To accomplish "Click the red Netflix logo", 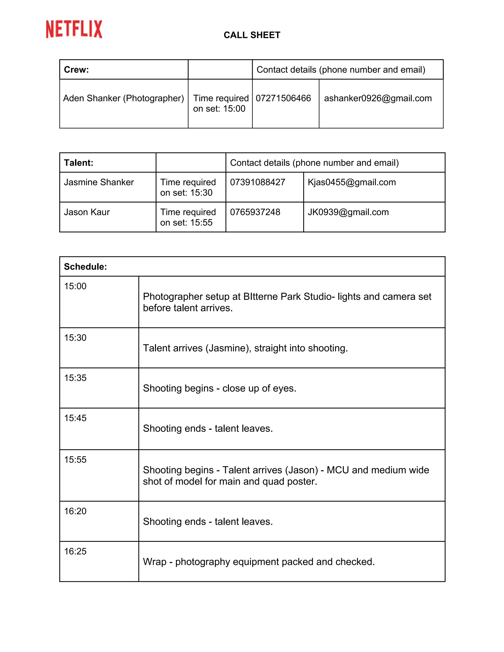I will (x=74, y=29).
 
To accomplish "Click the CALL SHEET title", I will (x=252, y=35).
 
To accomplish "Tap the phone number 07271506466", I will (x=283, y=98).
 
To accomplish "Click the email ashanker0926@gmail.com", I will (x=378, y=98).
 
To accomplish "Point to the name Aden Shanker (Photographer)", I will (x=123, y=98).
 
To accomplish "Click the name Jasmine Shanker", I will (x=99, y=182).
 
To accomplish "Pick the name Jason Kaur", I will (x=87, y=212).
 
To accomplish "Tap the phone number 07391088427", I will (x=257, y=182).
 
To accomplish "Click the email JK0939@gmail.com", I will (x=348, y=212).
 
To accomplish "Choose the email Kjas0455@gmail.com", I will (x=352, y=182).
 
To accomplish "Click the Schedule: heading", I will (x=85, y=267).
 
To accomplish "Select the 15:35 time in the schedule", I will (x=75, y=378).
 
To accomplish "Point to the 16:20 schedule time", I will (x=75, y=511).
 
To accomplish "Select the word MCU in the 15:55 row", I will (x=338, y=470).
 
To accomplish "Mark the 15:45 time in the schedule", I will (x=75, y=418).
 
